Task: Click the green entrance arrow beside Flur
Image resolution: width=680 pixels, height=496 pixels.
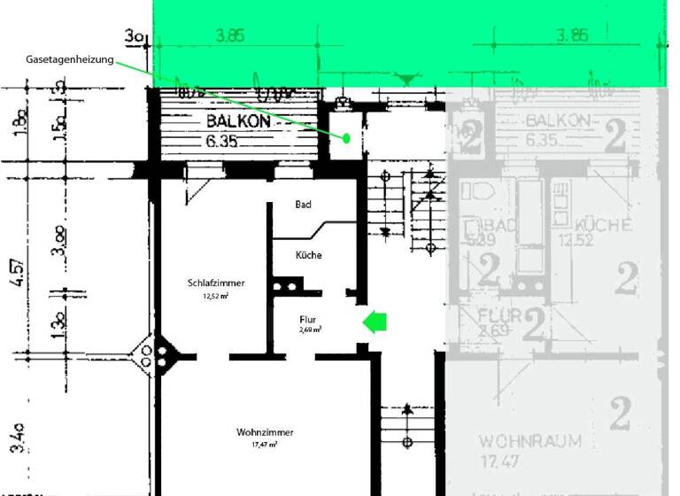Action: click(x=375, y=322)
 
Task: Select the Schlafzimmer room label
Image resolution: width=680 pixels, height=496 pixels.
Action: click(x=215, y=283)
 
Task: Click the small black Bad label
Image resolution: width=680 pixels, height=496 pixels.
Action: click(x=303, y=205)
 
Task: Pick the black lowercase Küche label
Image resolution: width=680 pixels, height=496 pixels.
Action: click(x=309, y=255)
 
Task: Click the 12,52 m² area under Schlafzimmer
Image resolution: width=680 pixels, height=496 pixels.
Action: click(x=215, y=297)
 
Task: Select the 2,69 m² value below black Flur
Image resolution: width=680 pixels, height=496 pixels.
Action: click(x=309, y=329)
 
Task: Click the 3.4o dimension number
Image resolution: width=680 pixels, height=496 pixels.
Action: click(x=19, y=436)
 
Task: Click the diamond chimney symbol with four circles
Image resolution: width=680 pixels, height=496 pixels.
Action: click(x=154, y=356)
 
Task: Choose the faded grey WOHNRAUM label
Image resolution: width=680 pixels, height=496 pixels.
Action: click(x=529, y=441)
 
